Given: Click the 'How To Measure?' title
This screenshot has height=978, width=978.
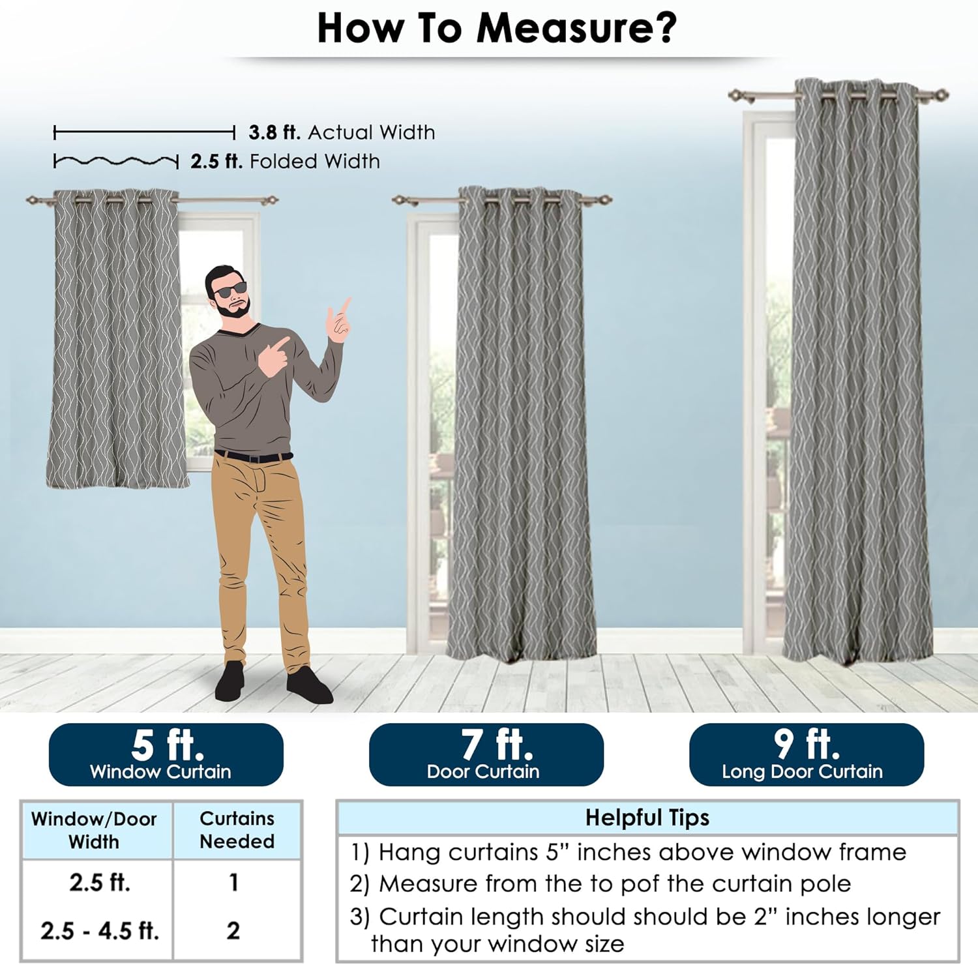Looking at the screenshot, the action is pyautogui.click(x=497, y=28).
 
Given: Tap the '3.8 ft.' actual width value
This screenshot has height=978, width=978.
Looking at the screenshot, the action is pyautogui.click(x=274, y=132).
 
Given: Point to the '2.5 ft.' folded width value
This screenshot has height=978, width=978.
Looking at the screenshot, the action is pyautogui.click(x=216, y=161).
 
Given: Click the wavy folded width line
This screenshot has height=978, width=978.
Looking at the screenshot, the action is pyautogui.click(x=116, y=161).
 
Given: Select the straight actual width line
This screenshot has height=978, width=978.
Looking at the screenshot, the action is pyautogui.click(x=144, y=133).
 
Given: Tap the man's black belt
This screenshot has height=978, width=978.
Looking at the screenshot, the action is pyautogui.click(x=254, y=456).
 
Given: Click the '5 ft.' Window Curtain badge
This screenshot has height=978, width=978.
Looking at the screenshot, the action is pyautogui.click(x=166, y=754).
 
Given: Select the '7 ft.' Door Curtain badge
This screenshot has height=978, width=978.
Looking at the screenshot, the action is pyautogui.click(x=486, y=754).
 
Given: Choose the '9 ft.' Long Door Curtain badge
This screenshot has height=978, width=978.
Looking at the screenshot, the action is pyautogui.click(x=807, y=754).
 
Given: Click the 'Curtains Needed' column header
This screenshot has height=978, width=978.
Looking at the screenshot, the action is pyautogui.click(x=237, y=830).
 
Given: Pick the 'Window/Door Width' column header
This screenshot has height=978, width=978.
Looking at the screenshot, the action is pyautogui.click(x=94, y=830).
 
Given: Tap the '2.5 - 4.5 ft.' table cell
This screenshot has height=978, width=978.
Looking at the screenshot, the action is pyautogui.click(x=100, y=930).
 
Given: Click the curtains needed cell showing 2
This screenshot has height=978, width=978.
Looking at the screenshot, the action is pyautogui.click(x=233, y=930).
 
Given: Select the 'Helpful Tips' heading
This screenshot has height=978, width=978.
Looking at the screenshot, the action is pyautogui.click(x=647, y=818).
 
